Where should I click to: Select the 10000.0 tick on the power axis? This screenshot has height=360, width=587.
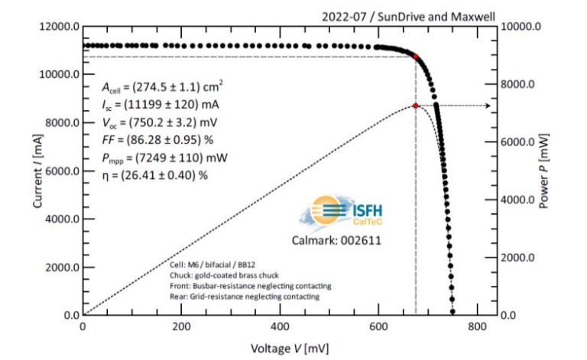coord(527,27)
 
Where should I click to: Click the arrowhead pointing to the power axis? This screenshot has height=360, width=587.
coord(488,105)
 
